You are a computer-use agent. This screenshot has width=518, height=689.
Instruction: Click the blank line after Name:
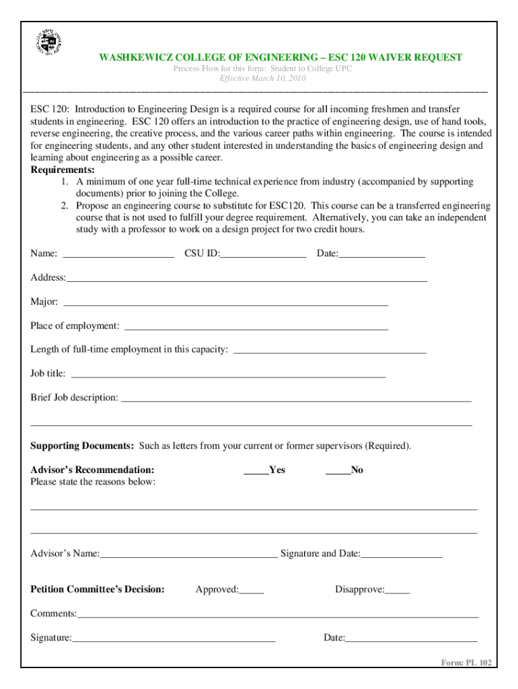point(118,254)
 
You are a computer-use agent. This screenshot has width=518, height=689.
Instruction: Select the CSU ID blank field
point(263,254)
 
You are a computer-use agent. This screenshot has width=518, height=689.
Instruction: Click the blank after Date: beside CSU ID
point(382,254)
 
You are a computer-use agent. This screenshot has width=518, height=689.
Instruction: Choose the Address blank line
point(246,279)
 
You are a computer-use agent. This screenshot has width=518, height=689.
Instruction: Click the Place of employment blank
point(256,327)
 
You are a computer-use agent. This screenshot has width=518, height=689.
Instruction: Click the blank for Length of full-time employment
point(329,351)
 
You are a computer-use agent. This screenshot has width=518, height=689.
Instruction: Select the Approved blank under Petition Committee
point(251,591)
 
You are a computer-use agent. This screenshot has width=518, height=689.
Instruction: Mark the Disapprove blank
point(398,591)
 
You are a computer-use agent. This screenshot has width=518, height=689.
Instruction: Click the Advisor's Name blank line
point(188,555)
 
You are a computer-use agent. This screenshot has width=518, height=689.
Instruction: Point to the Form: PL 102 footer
point(466,663)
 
